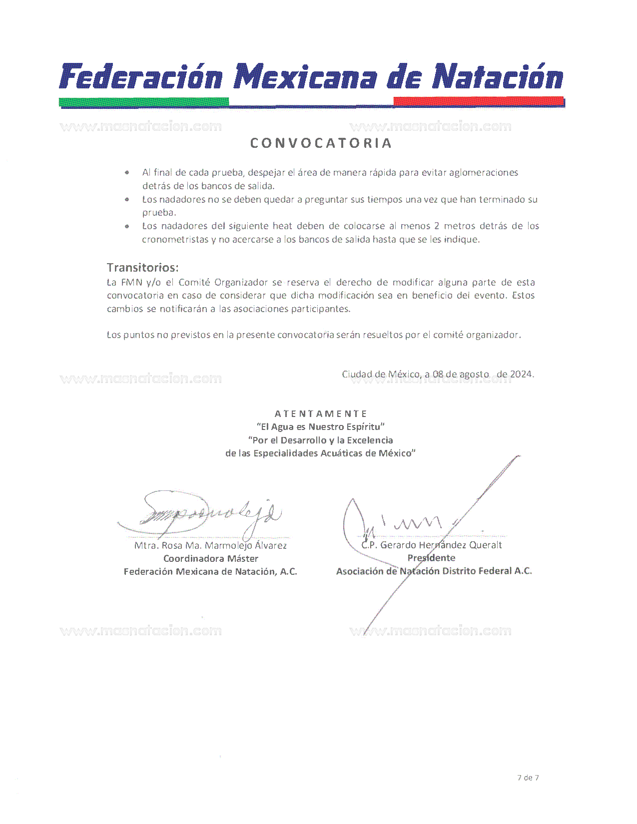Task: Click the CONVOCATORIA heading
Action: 321,143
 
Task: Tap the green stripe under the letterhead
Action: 144,102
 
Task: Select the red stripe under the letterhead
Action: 478,101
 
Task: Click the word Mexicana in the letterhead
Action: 306,78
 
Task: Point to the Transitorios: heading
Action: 142,267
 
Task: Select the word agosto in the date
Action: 474,374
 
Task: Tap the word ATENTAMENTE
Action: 321,413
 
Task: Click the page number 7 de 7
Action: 528,778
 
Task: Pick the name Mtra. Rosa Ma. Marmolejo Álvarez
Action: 210,545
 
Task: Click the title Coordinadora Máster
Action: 210,558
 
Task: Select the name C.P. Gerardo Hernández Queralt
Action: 432,545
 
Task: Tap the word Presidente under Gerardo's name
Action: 431,558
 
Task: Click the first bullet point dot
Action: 128,173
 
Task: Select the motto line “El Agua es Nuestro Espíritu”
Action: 320,426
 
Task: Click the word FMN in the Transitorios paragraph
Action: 131,282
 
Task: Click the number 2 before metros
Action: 436,226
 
